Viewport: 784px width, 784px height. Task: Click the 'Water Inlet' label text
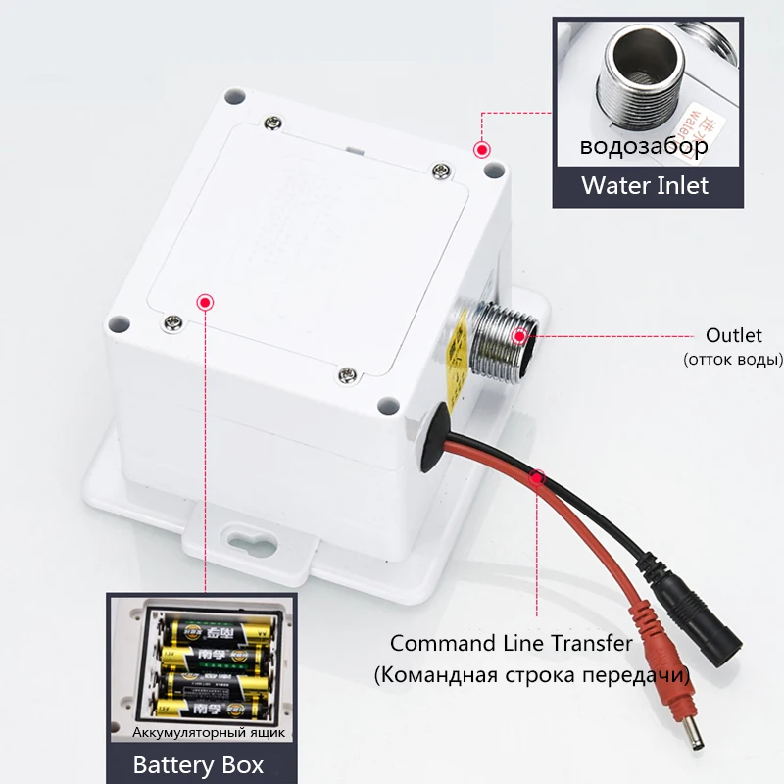(x=644, y=185)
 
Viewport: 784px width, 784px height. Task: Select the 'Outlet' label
(x=733, y=336)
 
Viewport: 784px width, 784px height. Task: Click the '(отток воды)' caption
(x=732, y=360)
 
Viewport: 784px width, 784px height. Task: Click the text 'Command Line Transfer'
(x=511, y=644)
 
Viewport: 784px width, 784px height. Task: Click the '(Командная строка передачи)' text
(x=532, y=675)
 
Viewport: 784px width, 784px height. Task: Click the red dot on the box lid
(x=205, y=302)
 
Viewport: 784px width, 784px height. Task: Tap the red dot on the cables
(x=537, y=478)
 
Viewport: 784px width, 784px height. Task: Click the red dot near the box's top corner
(x=481, y=150)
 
